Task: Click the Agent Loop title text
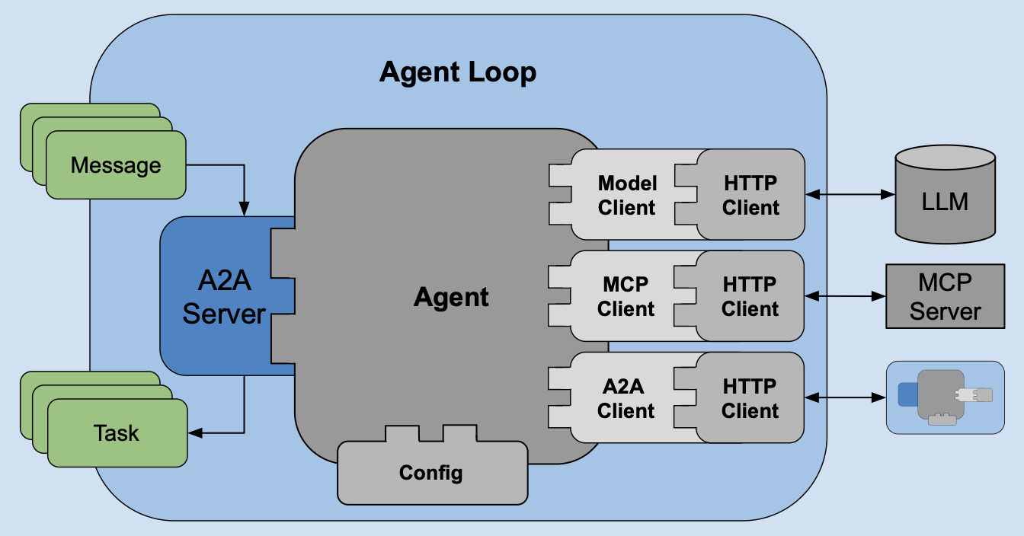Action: [x=458, y=73]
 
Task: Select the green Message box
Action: [x=116, y=165]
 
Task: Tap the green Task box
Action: [x=117, y=433]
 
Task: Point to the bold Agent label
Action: [x=451, y=297]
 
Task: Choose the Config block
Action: [x=431, y=473]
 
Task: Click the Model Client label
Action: [x=626, y=195]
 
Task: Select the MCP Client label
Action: [x=626, y=296]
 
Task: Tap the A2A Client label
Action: [x=626, y=398]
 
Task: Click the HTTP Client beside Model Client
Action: [x=750, y=195]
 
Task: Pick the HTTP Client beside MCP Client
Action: [x=750, y=296]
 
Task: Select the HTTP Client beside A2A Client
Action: [x=750, y=398]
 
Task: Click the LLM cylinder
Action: [x=945, y=201]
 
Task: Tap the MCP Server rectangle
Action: [x=945, y=297]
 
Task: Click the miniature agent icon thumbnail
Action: [x=945, y=397]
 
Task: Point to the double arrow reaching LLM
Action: [x=850, y=195]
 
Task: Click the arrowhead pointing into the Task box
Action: [x=195, y=433]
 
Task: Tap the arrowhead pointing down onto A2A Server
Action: [x=244, y=208]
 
